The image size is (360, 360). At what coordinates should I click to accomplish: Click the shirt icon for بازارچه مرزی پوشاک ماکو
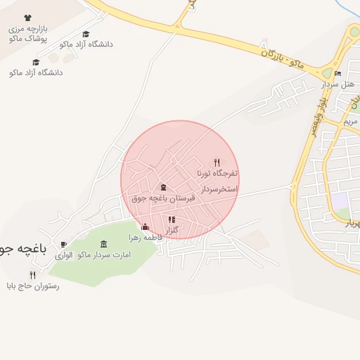click(27, 18)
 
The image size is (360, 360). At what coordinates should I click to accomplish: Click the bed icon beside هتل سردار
click(338, 74)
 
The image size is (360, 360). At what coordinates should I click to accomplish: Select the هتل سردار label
click(340, 84)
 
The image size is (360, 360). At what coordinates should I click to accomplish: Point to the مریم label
click(350, 122)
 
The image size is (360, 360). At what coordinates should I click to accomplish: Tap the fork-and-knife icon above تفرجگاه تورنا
click(217, 162)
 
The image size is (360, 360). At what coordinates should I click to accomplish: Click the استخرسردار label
click(219, 190)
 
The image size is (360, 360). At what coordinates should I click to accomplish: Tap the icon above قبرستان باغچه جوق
click(164, 187)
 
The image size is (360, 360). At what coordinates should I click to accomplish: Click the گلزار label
click(172, 231)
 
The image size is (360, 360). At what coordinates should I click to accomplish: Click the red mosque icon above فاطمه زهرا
click(146, 227)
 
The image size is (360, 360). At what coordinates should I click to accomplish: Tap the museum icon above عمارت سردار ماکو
click(104, 244)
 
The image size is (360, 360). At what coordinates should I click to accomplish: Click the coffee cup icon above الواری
click(64, 244)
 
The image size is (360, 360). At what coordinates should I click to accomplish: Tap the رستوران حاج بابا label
click(33, 286)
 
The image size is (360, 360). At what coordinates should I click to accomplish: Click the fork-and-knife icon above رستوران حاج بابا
click(32, 276)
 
